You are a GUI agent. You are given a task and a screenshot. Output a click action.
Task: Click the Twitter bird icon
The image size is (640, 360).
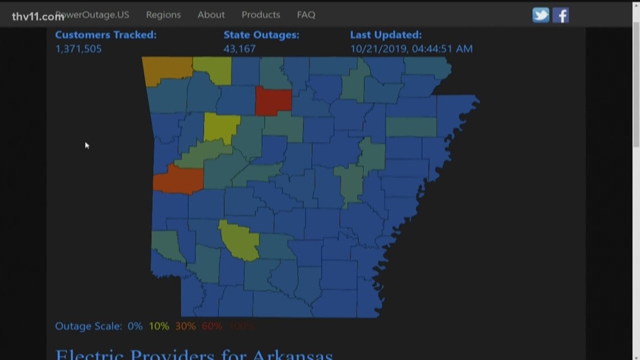[541, 15]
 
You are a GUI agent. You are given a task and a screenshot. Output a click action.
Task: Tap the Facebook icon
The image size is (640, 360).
[560, 15]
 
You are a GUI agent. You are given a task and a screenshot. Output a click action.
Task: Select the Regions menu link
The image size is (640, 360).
[163, 15]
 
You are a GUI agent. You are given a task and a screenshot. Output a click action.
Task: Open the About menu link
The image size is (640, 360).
[211, 15]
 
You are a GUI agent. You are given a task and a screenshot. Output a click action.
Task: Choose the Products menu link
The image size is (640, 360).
[260, 15]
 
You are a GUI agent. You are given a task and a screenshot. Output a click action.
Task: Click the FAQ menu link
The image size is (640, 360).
[306, 15]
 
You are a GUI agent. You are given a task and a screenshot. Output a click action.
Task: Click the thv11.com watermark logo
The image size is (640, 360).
[38, 16]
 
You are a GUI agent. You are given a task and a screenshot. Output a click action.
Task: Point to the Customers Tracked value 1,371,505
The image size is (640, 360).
[79, 49]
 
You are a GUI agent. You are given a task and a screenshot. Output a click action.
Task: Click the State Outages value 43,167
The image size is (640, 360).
[239, 49]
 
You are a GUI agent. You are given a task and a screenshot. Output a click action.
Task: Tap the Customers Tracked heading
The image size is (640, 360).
[106, 35]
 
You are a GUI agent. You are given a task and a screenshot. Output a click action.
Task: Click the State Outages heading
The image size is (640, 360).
[261, 35]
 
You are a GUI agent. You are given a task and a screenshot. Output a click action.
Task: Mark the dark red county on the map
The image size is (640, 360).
[273, 101]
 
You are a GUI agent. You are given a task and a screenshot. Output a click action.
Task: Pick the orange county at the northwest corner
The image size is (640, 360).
[167, 69]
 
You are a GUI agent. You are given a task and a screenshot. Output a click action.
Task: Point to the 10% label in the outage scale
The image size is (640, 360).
[159, 326]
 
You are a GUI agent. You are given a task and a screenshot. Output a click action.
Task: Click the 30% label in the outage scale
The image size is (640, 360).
[185, 326]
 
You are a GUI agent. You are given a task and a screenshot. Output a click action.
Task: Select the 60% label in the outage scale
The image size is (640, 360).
[212, 326]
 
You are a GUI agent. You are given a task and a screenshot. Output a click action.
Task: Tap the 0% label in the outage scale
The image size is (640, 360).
[135, 326]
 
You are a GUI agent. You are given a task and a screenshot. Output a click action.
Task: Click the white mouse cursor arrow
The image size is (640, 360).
[87, 145]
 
